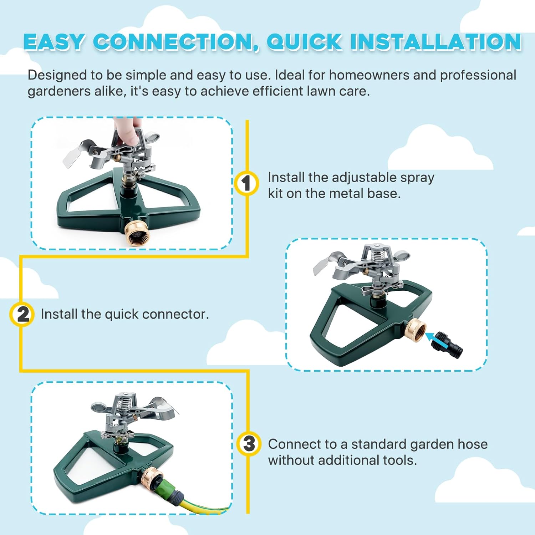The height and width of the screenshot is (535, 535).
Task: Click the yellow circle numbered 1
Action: point(246,184)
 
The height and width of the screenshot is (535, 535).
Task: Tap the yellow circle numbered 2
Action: point(22,315)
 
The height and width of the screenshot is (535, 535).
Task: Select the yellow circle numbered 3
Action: point(249,444)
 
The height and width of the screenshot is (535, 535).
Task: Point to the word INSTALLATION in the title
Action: point(436,42)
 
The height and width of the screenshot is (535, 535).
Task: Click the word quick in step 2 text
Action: point(121,315)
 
